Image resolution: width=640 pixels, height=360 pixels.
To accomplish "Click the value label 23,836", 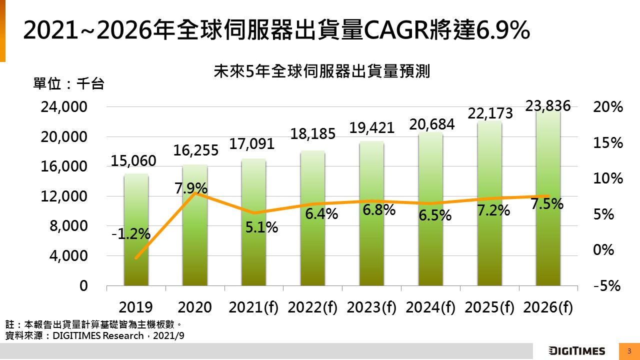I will (548, 105).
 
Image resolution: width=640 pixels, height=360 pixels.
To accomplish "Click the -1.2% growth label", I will (130, 233).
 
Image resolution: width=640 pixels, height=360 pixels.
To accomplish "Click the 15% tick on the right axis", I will (608, 143).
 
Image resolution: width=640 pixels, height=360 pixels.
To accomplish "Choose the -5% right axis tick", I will (606, 286).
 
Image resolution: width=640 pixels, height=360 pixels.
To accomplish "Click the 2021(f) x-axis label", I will (253, 307).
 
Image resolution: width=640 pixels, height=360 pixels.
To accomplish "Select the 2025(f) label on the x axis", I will (489, 307).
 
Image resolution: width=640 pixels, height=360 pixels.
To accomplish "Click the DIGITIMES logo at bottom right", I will (576, 350).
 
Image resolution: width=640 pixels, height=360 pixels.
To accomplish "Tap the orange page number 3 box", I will (629, 350).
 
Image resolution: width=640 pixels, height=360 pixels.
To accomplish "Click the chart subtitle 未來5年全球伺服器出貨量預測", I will (322, 71).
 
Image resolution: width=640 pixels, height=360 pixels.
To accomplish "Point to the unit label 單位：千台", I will (68, 83).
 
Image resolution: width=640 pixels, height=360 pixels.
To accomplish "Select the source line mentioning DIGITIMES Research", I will (95, 335).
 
